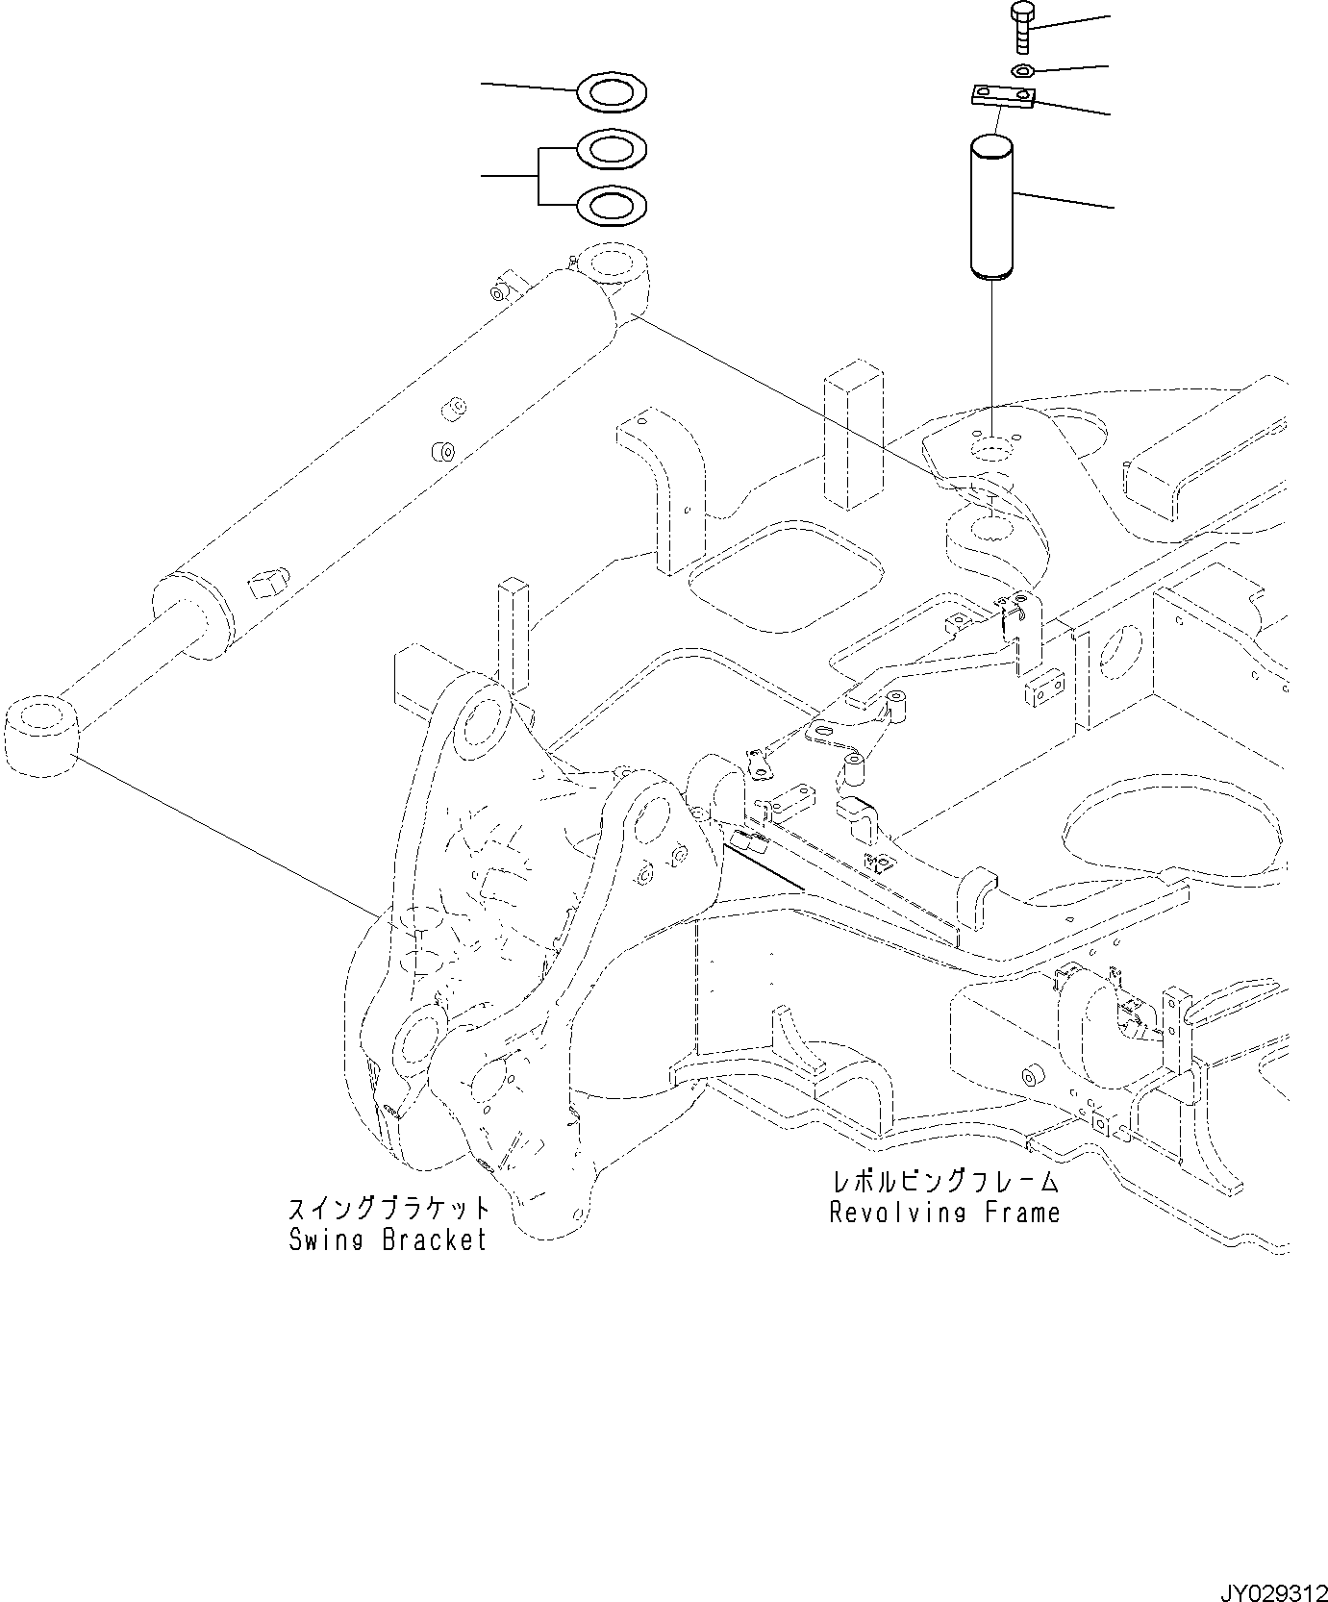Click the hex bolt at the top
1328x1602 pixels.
coord(1021,27)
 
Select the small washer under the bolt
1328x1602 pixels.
coord(1023,70)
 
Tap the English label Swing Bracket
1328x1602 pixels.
coord(388,1240)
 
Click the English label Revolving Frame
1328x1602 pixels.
coord(944,1213)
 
